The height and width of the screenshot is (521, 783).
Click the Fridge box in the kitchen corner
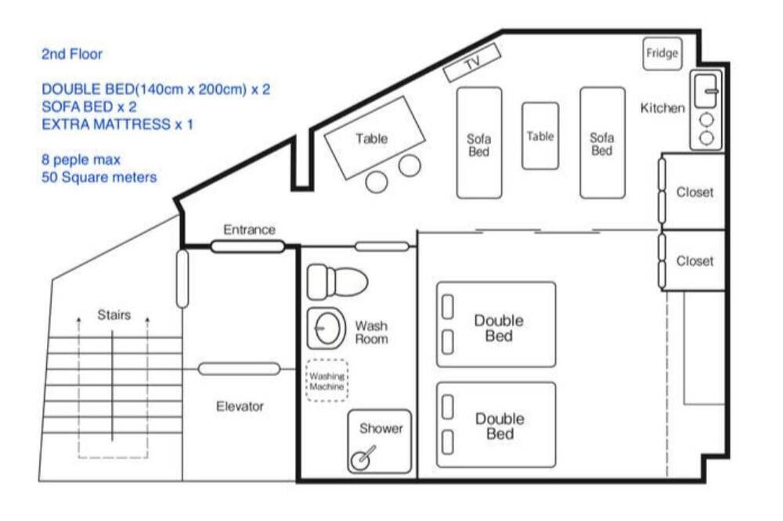click(662, 53)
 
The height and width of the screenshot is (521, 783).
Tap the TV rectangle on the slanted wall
click(472, 63)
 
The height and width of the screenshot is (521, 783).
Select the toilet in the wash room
click(337, 282)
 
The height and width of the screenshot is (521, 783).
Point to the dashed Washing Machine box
click(327, 380)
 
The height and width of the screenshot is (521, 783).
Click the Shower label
click(381, 428)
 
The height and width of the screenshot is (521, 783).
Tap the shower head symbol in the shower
click(363, 458)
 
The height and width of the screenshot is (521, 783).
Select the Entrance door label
click(249, 229)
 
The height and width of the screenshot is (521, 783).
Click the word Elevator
click(240, 406)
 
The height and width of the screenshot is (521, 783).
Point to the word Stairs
click(114, 315)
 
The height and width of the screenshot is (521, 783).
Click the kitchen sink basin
click(705, 91)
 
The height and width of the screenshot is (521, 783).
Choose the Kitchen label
click(662, 108)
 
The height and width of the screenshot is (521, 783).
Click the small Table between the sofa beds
click(540, 136)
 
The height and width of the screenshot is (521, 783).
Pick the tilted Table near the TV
click(374, 137)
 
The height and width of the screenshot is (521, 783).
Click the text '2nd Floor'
click(72, 54)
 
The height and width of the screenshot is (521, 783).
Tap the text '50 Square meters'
click(99, 177)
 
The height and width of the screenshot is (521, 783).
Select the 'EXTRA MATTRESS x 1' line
click(117, 124)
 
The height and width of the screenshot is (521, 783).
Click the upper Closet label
click(695, 192)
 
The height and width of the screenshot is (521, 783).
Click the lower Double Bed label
click(500, 426)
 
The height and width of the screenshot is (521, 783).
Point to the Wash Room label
click(371, 332)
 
